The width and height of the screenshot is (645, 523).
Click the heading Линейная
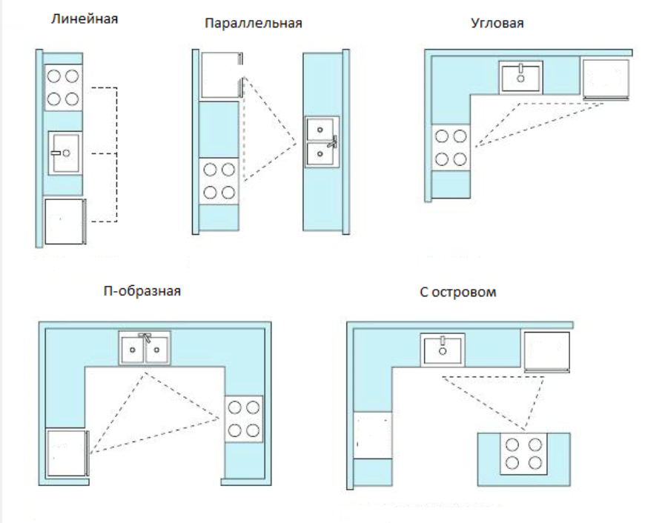click(x=85, y=19)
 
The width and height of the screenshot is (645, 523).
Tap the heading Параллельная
click(x=254, y=23)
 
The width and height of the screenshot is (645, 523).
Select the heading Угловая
click(x=497, y=23)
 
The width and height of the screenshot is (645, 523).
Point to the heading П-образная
click(x=142, y=291)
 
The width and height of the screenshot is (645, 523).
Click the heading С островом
click(x=458, y=292)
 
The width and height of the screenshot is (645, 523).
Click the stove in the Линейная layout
click(x=63, y=87)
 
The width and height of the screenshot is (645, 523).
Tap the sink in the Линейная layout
click(x=65, y=153)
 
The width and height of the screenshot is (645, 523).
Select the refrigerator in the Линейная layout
click(x=65, y=221)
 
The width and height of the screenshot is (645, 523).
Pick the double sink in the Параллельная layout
click(x=322, y=141)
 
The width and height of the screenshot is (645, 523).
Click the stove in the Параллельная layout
click(x=219, y=181)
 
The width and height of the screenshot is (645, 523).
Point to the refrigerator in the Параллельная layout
click(x=222, y=75)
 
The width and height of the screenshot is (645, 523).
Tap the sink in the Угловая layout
click(x=520, y=77)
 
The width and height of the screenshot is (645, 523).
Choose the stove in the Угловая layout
click(x=451, y=147)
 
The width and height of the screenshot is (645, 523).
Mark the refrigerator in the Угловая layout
click(x=606, y=79)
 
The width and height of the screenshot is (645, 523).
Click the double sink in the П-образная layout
click(x=145, y=348)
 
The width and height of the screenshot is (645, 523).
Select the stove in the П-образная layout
click(x=243, y=419)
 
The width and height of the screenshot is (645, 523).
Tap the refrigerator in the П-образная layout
click(x=67, y=453)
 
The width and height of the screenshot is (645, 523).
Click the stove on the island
click(x=523, y=454)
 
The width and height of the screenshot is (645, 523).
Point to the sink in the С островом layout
click(x=443, y=350)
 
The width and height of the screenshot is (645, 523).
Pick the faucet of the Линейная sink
click(x=56, y=153)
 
